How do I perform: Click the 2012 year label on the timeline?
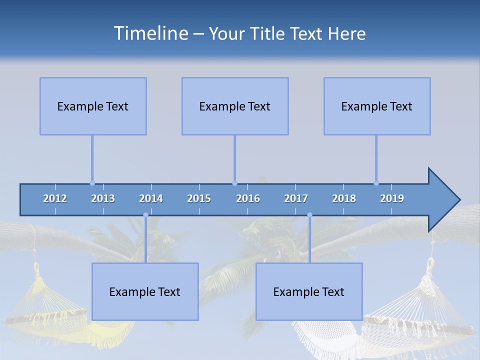55,198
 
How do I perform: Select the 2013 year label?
103,198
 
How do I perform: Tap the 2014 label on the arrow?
151,198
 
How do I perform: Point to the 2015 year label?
199,198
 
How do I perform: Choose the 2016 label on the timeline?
248,198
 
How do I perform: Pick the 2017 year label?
296,198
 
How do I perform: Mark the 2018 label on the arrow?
344,198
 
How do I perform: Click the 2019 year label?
392,198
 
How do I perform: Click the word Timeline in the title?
150,33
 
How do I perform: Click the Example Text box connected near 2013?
93,106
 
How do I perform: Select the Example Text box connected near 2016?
235,106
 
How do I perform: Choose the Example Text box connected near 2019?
377,106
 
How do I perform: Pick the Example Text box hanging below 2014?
145,291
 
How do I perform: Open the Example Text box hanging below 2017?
309,291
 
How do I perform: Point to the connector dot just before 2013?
92,183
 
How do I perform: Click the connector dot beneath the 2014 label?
145,215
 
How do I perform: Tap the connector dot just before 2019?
376,183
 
